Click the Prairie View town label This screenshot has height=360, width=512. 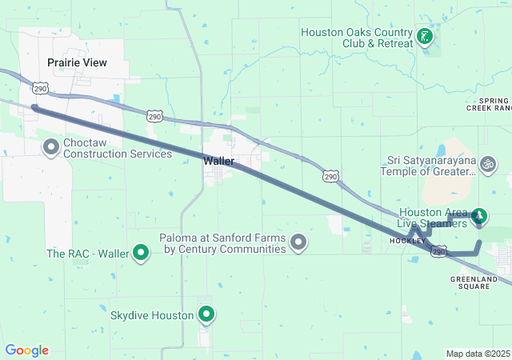(77, 62)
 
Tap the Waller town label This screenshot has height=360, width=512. (218, 161)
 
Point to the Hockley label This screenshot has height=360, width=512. (402, 241)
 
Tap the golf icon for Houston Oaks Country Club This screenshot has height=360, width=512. (424, 37)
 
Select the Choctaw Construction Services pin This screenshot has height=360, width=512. (51, 147)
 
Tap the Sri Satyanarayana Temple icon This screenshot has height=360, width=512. (487, 165)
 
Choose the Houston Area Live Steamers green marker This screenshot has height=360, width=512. (479, 215)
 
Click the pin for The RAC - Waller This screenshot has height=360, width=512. (142, 254)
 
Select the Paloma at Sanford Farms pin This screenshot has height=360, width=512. (299, 242)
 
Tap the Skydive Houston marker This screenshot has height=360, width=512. (206, 314)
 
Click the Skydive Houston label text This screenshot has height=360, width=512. (152, 315)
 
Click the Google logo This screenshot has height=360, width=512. (27, 350)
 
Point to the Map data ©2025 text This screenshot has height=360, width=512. (478, 354)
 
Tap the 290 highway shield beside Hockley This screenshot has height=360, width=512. (438, 251)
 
